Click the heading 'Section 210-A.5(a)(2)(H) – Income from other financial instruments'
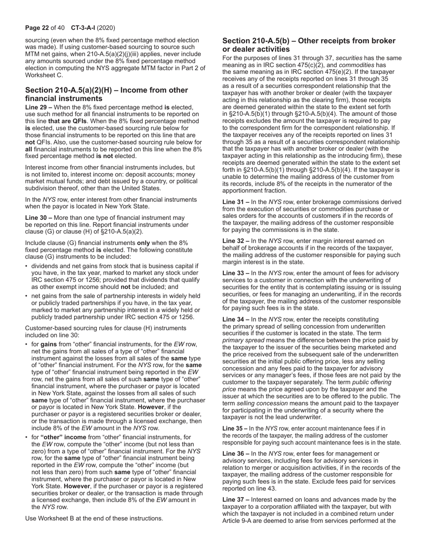pyautogui.click(x=106, y=94)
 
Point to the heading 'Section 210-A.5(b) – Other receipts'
pyautogui.click(x=309, y=45)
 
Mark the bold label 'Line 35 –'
pyautogui.click(x=235, y=429)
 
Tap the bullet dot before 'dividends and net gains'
pyautogui.click(x=27, y=266)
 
